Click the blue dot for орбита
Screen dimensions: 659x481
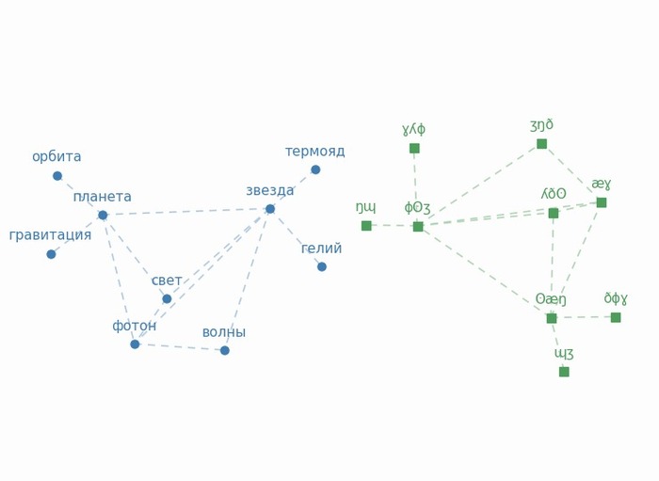[57, 176]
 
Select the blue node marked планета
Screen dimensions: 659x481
[103, 216]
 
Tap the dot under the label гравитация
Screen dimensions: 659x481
[51, 254]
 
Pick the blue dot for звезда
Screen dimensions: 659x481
[270, 209]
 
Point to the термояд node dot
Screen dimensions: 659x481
[315, 169]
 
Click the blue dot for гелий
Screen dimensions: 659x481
[322, 266]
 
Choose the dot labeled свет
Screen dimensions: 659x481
[167, 298]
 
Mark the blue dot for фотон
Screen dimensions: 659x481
[135, 345]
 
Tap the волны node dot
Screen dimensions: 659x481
[225, 350]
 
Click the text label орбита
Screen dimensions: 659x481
[56, 157]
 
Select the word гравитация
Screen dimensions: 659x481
[50, 235]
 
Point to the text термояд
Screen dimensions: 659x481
[315, 152]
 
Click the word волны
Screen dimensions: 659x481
[224, 332]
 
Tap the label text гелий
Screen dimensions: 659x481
[322, 249]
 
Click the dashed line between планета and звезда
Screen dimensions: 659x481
[186, 212]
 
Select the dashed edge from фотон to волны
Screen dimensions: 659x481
[180, 347]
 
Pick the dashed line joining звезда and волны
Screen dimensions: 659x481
[248, 280]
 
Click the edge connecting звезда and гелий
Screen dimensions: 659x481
[296, 238]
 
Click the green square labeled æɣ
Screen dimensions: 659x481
[602, 203]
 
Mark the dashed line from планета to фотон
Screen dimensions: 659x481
[119, 280]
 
